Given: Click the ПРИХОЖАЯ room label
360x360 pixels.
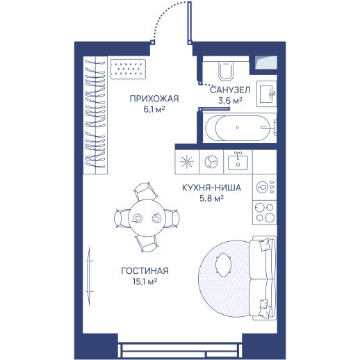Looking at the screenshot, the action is coord(154,99).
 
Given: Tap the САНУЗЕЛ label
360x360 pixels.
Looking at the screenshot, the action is coord(230,90).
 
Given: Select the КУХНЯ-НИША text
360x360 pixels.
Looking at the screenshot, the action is coord(211,188).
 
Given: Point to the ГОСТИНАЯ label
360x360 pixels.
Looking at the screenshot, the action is coord(145,270).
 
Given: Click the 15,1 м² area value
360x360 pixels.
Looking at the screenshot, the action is coord(145,281).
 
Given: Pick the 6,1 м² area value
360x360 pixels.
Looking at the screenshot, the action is coord(154,109).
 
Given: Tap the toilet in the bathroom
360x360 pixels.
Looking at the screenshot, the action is coord(225,71).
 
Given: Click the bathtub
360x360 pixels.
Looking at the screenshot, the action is coord(238,128).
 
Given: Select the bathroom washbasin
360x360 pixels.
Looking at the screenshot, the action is coord(267,94).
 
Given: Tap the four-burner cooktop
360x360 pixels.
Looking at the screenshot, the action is coord(264,213).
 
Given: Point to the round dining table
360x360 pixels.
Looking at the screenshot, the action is coord(147,218).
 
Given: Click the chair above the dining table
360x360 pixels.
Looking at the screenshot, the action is coord(145,191).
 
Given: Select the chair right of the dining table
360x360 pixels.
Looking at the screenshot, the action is coord(172,218).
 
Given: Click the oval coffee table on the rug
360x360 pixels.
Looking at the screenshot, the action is coord(223,265).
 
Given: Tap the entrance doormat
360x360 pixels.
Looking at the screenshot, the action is coord(128,69).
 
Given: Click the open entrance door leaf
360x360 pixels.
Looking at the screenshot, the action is coord(190,23).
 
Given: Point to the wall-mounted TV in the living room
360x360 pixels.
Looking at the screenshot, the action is coord(89,277).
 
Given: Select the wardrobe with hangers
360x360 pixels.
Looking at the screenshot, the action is coord(95,115).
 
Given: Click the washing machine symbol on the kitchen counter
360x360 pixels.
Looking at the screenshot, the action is coord(211,161).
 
